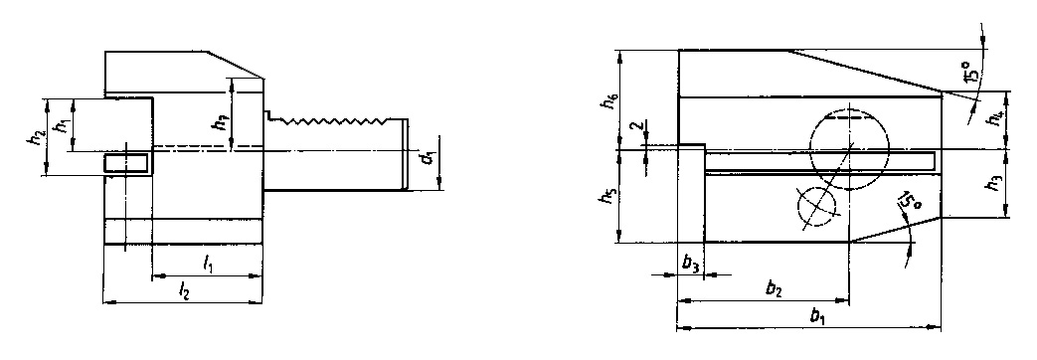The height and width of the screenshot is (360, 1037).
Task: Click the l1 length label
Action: (207, 264)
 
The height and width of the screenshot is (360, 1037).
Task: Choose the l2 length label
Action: (184, 289)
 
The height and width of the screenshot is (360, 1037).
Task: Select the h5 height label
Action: (607, 197)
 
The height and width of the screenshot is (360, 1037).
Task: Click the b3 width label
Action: (690, 264)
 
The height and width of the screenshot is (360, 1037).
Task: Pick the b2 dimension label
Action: (773, 289)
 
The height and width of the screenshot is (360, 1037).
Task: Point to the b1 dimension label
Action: (817, 317)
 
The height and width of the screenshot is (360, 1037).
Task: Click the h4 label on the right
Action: (995, 118)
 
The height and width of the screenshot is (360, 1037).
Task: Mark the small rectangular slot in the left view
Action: (127, 161)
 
